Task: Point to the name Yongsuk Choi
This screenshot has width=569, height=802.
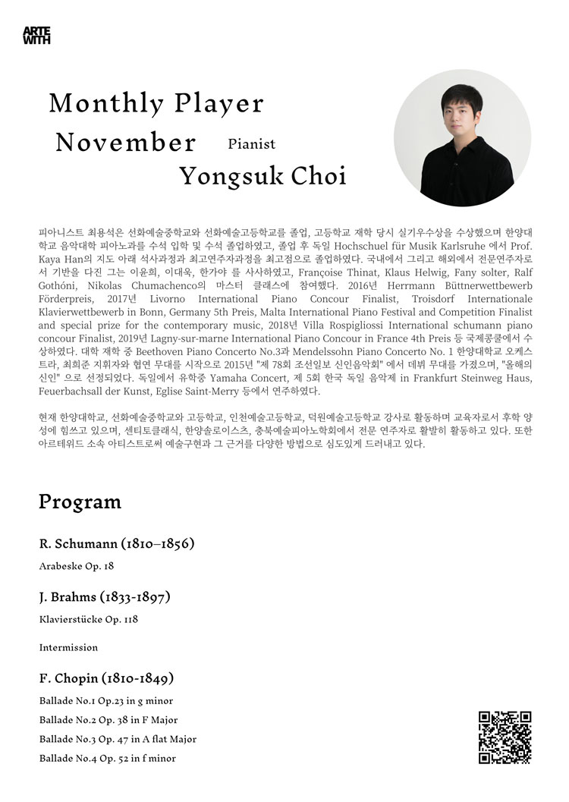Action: (262, 177)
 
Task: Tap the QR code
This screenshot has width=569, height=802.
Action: (505, 737)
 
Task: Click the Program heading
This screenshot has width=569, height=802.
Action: (80, 502)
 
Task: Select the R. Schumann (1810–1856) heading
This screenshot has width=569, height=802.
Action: (117, 544)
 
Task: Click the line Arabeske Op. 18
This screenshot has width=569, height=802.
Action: (77, 565)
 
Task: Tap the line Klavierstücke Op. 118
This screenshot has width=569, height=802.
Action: (88, 618)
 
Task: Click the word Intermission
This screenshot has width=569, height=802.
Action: (68, 647)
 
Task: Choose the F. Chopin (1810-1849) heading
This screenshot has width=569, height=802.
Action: (106, 678)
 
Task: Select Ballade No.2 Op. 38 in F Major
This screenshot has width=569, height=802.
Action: (108, 719)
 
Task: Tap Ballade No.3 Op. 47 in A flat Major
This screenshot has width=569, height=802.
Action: (118, 739)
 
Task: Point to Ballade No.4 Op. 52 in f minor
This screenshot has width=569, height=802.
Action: (107, 758)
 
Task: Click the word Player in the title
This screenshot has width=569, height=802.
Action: (220, 103)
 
